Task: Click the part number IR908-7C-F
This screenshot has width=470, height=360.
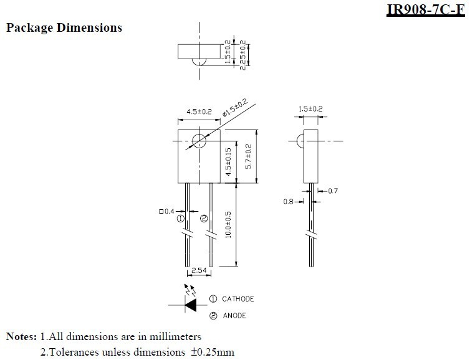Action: (426, 9)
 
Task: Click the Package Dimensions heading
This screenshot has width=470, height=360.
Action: (64, 27)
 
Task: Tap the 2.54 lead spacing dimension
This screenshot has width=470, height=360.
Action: (199, 270)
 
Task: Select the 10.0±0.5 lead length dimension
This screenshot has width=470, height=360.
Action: (228, 225)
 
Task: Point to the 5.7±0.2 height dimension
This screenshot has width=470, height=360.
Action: (249, 156)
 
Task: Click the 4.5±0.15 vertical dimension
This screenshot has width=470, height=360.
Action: (228, 162)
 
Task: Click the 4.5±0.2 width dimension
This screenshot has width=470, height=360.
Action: (199, 111)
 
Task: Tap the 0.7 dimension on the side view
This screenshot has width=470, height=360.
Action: (333, 191)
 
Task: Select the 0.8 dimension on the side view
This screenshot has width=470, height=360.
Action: (289, 202)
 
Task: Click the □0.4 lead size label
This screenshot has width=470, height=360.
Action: (166, 211)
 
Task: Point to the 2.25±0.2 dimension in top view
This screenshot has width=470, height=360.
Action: (243, 55)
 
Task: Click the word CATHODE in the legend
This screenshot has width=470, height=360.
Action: (238, 299)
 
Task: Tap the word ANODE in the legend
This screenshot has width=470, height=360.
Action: (234, 316)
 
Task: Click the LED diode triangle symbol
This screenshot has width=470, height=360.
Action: (191, 305)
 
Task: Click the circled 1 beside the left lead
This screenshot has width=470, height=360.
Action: (180, 219)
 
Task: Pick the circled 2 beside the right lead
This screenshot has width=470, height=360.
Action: (204, 219)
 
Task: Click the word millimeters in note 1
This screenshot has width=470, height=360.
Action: (175, 336)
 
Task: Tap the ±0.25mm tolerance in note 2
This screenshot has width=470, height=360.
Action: (213, 352)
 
